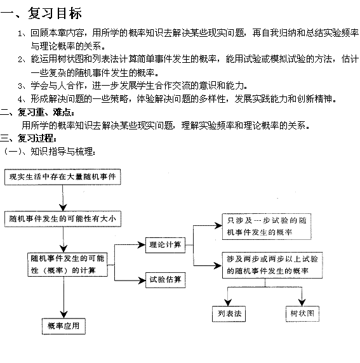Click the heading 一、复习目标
41,13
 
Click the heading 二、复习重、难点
37,112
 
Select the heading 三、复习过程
29,138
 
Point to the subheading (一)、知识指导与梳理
49,152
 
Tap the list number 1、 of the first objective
23,34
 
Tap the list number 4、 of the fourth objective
23,100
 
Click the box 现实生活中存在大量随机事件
63,177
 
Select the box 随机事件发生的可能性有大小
63,219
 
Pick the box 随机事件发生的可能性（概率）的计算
68,265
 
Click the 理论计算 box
166,245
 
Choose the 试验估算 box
166,280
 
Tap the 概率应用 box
63,326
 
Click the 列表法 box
229,313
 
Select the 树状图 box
302,313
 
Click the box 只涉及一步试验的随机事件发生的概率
267,227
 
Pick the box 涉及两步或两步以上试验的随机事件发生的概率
272,265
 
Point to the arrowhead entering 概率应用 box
63,314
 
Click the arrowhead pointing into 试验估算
142,280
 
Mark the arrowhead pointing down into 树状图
302,302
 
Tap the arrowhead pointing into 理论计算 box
142,245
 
